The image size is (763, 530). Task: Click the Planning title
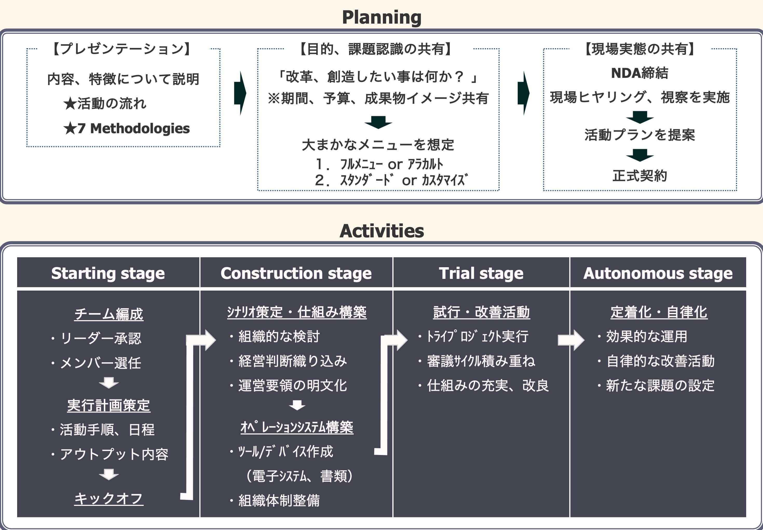click(x=381, y=17)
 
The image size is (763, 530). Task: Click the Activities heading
click(x=381, y=231)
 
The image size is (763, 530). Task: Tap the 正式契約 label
click(x=639, y=176)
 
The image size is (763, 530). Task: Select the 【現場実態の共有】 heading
click(x=639, y=49)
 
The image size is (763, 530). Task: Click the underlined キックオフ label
click(x=109, y=498)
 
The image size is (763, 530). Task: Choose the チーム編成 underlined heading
click(x=109, y=314)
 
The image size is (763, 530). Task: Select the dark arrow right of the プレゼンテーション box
click(x=240, y=93)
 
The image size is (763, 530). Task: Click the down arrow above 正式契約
click(x=640, y=155)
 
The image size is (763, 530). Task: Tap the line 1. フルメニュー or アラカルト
click(x=379, y=164)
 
